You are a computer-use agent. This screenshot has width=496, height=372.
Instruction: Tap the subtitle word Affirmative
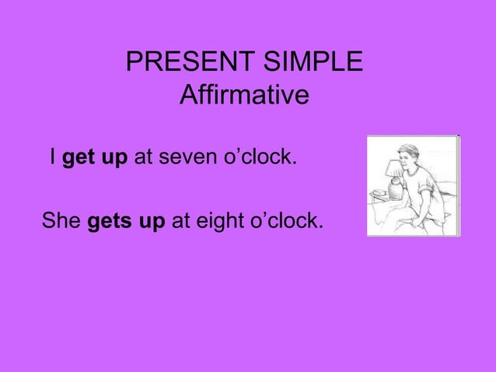coord(243,96)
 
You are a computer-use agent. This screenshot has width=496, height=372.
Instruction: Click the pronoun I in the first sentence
coord(52,158)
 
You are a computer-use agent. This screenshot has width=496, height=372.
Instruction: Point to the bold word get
coord(77,159)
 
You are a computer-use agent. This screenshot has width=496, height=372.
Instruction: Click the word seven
coord(186,159)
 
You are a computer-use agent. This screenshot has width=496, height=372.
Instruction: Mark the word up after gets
coord(150,222)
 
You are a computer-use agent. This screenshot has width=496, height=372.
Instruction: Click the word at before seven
coord(142,159)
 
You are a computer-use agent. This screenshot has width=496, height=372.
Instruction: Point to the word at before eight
coord(180,221)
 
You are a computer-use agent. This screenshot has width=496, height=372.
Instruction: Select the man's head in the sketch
coord(407,155)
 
